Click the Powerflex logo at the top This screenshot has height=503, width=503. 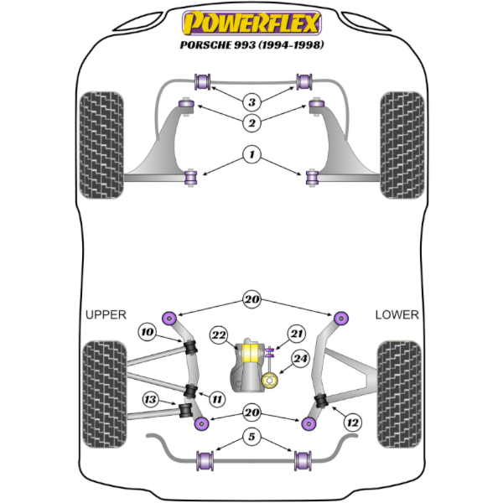pyautogui.click(x=251, y=23)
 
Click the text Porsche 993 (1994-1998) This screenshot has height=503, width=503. pyautogui.click(x=251, y=44)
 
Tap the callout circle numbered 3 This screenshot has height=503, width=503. pyautogui.click(x=251, y=102)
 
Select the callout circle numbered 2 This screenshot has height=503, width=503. pyautogui.click(x=251, y=122)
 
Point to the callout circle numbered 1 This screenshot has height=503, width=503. pyautogui.click(x=251, y=154)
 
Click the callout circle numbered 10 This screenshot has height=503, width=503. pyautogui.click(x=148, y=331)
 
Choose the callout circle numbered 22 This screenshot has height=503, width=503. pyautogui.click(x=219, y=334)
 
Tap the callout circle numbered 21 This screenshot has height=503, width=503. pyautogui.click(x=297, y=334)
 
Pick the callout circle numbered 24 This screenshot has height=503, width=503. pyautogui.click(x=300, y=358)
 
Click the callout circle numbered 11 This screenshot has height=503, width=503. pyautogui.click(x=217, y=399)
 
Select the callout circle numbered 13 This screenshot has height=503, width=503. pyautogui.click(x=150, y=399)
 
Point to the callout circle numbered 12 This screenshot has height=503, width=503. pyautogui.click(x=353, y=423)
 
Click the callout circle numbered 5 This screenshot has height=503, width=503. pyautogui.click(x=251, y=437)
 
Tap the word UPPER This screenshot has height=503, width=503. pyautogui.click(x=106, y=314)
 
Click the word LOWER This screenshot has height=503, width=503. pyautogui.click(x=397, y=314)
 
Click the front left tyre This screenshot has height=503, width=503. pyautogui.click(x=101, y=145)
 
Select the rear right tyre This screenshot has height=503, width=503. pyautogui.click(x=399, y=394)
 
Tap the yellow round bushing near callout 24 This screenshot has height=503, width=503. pyautogui.click(x=270, y=381)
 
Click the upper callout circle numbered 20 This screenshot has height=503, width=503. pyautogui.click(x=251, y=299)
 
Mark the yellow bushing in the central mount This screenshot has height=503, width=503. pyautogui.click(x=251, y=353)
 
